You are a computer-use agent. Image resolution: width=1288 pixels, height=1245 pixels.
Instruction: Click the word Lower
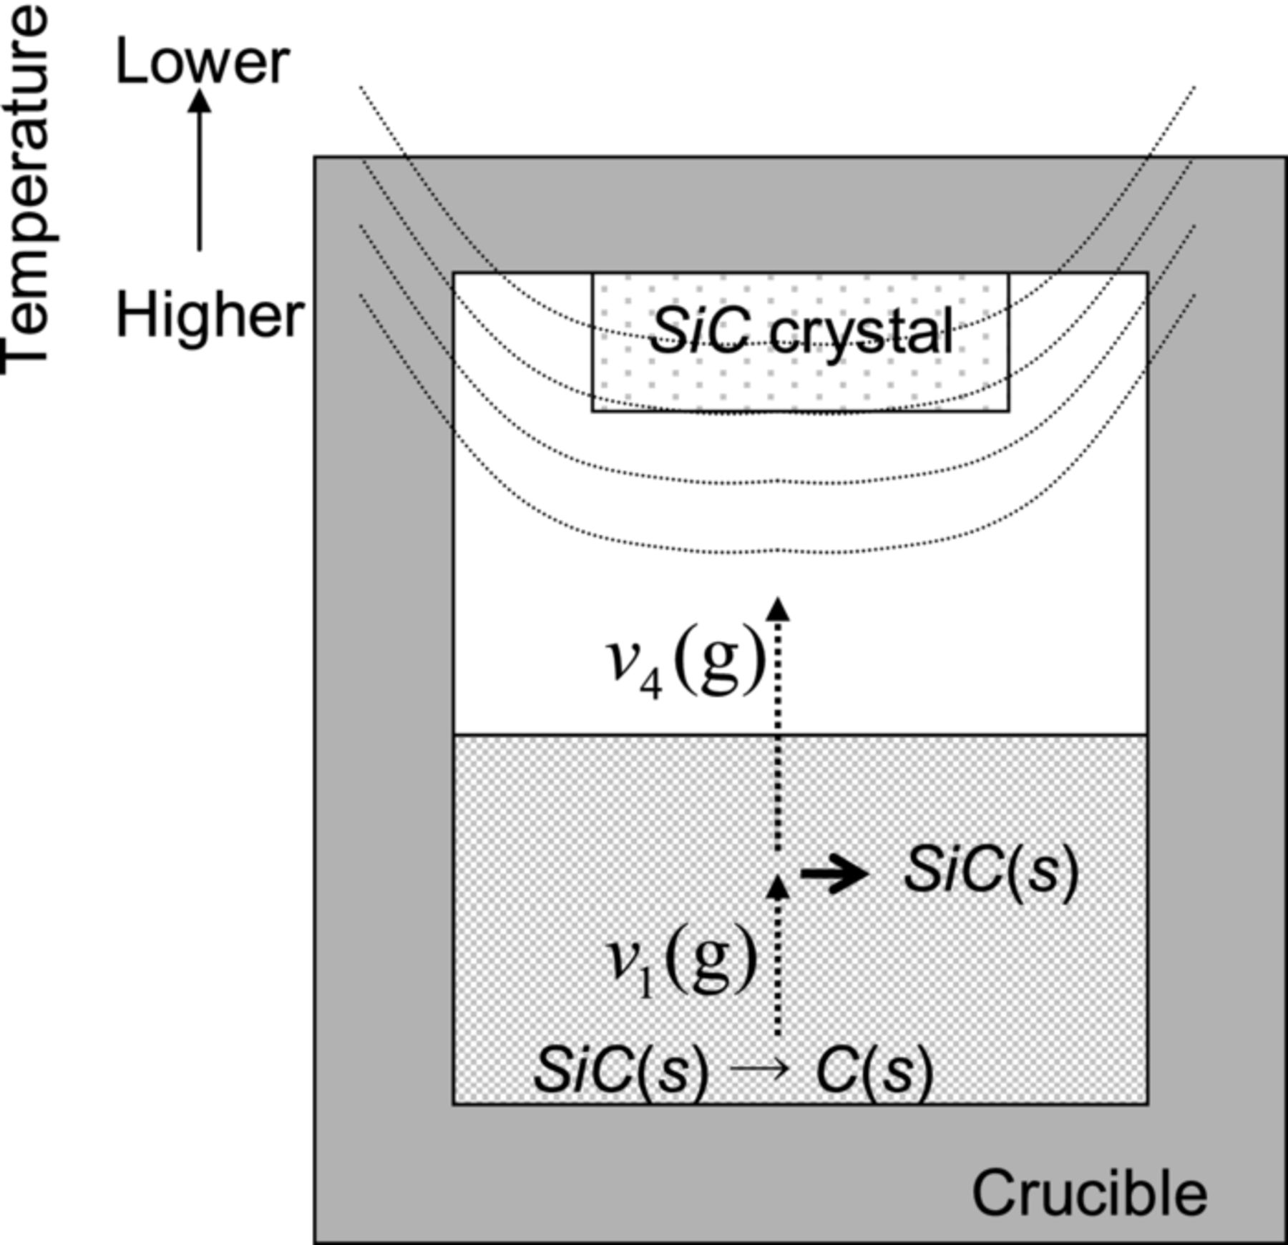(202, 63)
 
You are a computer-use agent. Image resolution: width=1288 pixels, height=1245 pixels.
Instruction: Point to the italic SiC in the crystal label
(699, 332)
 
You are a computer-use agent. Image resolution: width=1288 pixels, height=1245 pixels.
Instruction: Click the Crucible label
(1089, 1194)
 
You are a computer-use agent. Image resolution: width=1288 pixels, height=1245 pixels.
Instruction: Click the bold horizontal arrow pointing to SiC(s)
(834, 873)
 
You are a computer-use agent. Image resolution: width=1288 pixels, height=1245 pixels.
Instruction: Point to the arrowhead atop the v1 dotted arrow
(778, 887)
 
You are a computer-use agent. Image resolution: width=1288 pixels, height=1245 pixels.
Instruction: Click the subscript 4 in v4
(650, 686)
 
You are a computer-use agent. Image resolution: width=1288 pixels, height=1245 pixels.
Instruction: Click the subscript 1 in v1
(646, 985)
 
